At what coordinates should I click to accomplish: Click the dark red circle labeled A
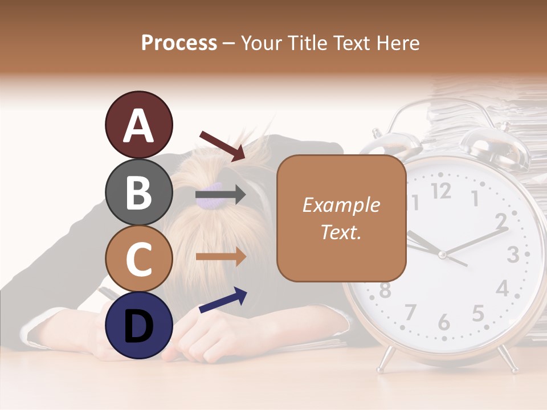(138, 125)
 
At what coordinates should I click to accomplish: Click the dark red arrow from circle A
(222, 145)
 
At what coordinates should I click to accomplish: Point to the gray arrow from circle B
(221, 195)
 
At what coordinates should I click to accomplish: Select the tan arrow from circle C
(221, 256)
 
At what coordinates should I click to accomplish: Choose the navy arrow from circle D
(223, 300)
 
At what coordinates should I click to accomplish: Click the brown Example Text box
(341, 218)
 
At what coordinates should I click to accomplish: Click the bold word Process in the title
(179, 43)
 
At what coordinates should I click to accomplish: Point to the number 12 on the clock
(441, 191)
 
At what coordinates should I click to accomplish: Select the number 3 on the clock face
(512, 255)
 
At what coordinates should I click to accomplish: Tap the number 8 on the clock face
(385, 290)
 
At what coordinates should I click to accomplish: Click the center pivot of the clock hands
(442, 255)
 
